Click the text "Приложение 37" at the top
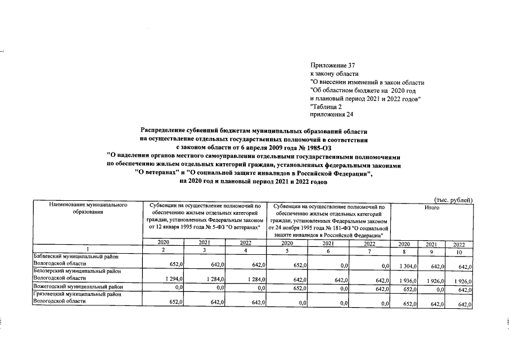point(332,66)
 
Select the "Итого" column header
point(431,208)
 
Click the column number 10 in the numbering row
point(459,250)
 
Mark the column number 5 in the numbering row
point(287,250)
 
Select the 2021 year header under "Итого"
point(431,244)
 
